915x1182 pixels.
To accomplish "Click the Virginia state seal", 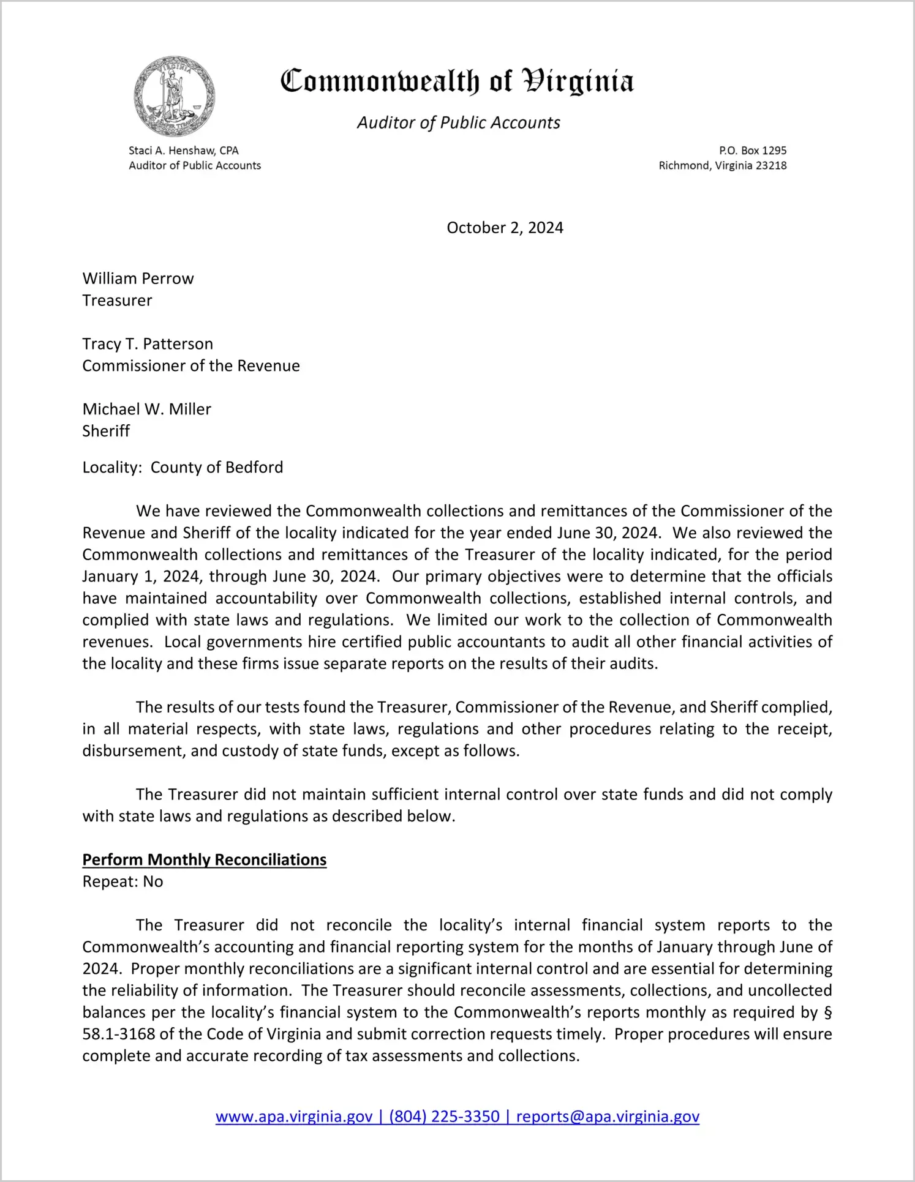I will [175, 96].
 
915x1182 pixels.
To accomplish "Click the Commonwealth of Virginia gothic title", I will [457, 81].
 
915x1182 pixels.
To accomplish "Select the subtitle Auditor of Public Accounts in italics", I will [458, 123].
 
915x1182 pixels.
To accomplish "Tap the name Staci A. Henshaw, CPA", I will [184, 151].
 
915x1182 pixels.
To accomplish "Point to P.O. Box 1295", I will [753, 151].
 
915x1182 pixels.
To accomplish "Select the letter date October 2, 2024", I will [505, 228].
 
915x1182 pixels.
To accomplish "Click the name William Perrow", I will [138, 279].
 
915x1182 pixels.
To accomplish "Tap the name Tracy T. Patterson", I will [148, 344].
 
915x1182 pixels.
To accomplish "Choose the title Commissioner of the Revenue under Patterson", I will [191, 366].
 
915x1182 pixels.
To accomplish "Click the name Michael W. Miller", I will [146, 410].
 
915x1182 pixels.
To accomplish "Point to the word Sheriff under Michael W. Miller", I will [106, 432].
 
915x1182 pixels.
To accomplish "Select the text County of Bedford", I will [217, 468].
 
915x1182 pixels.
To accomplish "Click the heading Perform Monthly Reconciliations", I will [205, 860].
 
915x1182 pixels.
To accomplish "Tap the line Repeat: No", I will [122, 882].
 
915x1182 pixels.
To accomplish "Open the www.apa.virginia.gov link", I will [294, 1117].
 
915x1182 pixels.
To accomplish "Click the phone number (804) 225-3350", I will [444, 1117].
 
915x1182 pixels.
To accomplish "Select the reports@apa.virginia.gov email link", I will [608, 1117].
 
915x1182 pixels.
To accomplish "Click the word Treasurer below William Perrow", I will [117, 301].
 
